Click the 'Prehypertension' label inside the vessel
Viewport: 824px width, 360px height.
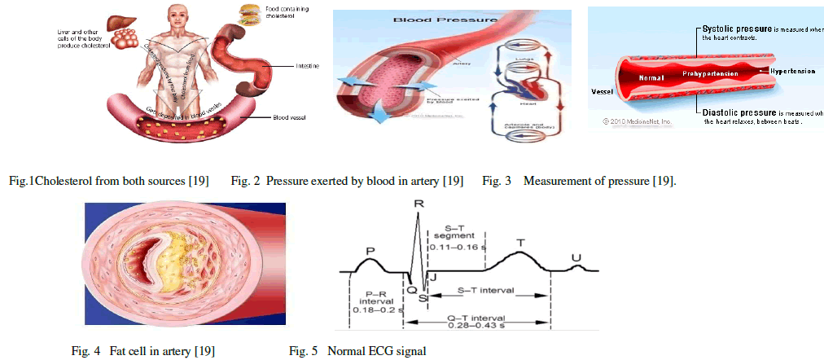(x=711, y=74)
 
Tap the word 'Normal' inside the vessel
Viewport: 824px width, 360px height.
(x=652, y=78)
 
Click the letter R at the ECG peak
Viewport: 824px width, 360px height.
(x=418, y=197)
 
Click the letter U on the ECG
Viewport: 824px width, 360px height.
(x=576, y=257)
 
